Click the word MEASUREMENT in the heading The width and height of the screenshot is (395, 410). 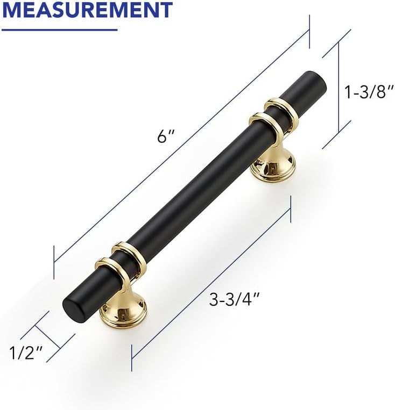coord(87,9)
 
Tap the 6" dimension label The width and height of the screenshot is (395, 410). coord(166,136)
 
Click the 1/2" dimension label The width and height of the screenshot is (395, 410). coord(26,353)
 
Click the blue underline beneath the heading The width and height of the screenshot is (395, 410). coord(59,30)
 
